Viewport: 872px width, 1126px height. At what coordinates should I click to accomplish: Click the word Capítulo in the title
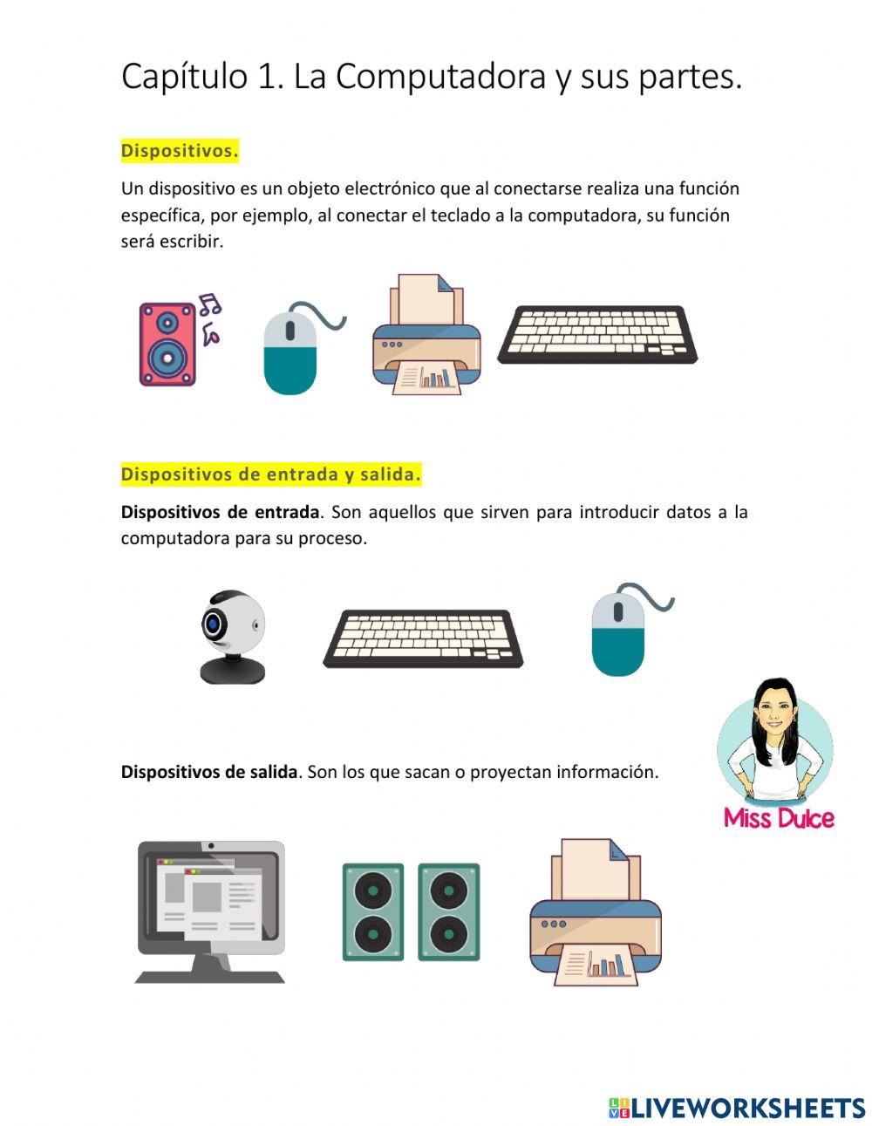(x=184, y=77)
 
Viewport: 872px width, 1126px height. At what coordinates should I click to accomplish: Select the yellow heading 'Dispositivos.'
(x=180, y=151)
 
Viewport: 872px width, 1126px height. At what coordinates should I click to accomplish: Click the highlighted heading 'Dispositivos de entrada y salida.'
(x=270, y=474)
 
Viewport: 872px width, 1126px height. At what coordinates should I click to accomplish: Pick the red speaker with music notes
(x=167, y=344)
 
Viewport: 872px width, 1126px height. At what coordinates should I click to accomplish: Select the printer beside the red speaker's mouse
(x=426, y=336)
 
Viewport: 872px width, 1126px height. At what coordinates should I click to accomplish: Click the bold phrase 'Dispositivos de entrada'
(x=220, y=512)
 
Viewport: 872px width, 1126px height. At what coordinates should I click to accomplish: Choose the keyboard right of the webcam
(x=423, y=638)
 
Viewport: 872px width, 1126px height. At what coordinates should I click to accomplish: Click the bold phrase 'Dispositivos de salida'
(x=209, y=772)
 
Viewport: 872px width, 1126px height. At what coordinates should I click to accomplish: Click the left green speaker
(x=373, y=912)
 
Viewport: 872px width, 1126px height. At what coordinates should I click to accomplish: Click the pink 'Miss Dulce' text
(x=779, y=818)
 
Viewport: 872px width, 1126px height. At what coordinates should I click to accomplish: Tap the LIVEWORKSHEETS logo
(x=737, y=1108)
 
